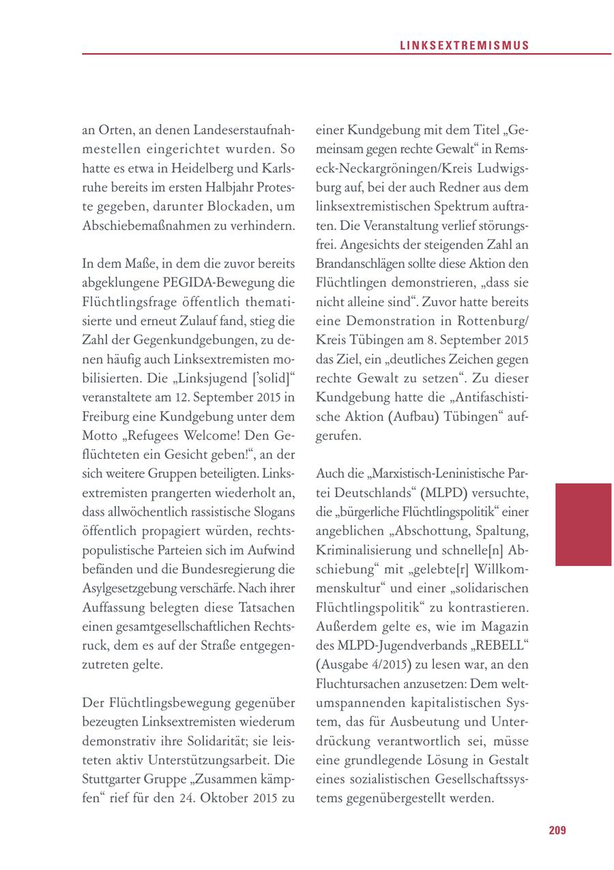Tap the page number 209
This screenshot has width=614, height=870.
pyautogui.click(x=557, y=830)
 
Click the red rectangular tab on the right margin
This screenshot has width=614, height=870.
pyautogui.click(x=583, y=524)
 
